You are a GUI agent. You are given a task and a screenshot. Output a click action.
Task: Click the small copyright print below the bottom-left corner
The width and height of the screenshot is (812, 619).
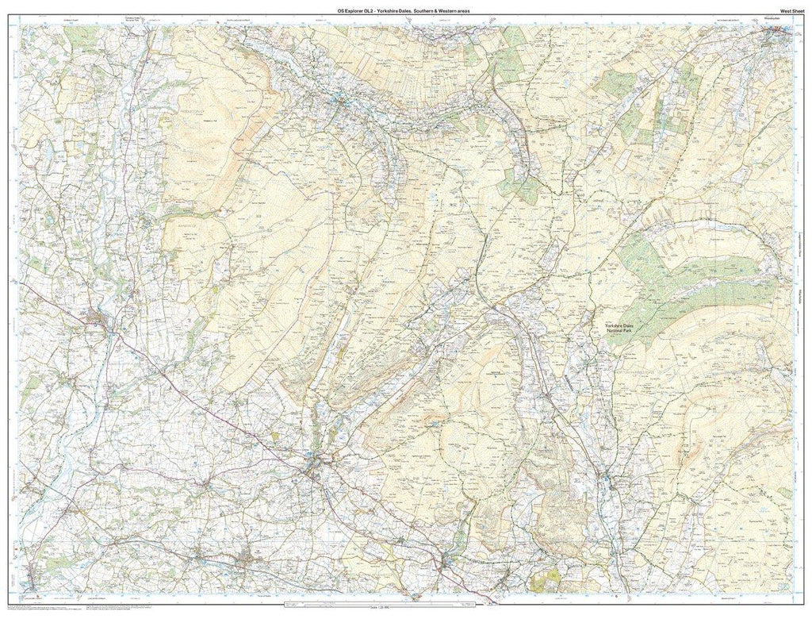click(48, 606)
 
